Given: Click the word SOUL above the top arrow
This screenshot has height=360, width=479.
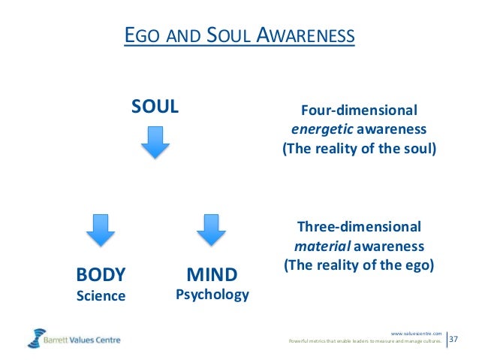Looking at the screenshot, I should pos(155,106).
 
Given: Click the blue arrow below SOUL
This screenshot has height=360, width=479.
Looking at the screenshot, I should pos(155,141).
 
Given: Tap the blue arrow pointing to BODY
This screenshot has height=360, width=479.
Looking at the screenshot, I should pos(101,230).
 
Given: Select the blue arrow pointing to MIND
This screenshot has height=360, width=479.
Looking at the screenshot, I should pos(212,230).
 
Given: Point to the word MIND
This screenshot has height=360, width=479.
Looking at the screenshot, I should pos(212,274).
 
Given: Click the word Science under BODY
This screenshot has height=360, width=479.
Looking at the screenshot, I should pos(101,295).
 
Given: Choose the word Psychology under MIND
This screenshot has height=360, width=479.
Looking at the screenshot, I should pos(212,294).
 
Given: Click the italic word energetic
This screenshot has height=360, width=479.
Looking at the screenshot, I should pos(318,129).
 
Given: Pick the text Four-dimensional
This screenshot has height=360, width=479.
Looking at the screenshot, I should pos(359,110).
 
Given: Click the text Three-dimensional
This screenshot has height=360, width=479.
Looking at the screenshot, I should pos(359,226).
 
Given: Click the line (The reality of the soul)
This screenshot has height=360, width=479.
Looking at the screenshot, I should pos(359,148).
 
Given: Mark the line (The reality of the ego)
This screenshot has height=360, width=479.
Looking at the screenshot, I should pos(359,265).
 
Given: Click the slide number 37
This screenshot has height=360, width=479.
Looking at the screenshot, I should pos(454,340).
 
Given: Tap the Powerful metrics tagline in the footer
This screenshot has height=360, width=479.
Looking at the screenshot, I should pos(366,342).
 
